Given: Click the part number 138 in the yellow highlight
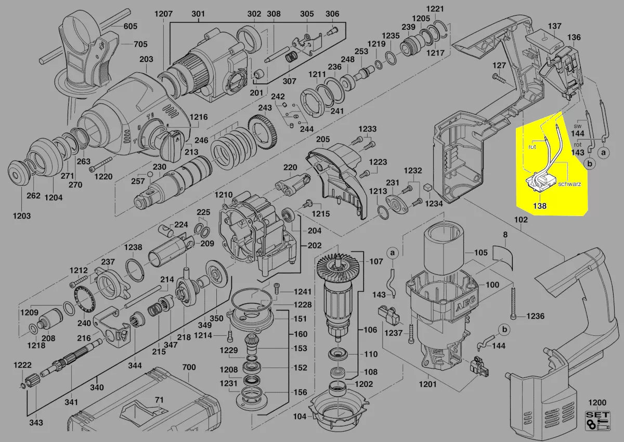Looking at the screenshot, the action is coord(540,206).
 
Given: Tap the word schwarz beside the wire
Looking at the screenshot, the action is coord(569,184).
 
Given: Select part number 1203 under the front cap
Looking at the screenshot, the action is coord(22,216).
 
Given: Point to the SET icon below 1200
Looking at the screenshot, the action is coord(597,421).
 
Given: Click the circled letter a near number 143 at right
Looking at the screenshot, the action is coord(603,153).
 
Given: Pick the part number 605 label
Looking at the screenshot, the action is coord(131,26).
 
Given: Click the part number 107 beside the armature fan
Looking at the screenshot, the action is coord(376,261).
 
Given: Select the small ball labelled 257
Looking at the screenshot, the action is coord(150,174).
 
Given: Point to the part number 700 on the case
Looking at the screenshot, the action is coord(189,367).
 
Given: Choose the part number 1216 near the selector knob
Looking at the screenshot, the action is coord(199,117).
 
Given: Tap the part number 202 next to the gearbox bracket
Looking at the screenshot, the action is coord(315,245).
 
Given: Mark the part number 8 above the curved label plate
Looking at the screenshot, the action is coord(505,235).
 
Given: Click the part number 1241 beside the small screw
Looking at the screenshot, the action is coord(303,292).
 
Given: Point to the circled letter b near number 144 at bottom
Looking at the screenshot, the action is coord(505,330).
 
